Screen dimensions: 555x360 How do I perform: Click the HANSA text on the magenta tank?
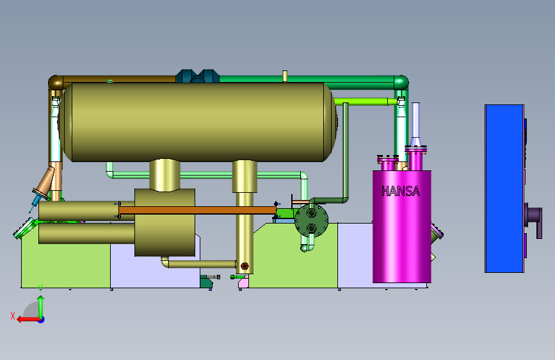(x=401, y=192)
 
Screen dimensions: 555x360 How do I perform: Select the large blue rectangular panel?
(x=504, y=188)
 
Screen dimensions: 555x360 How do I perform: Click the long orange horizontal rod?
(x=197, y=210)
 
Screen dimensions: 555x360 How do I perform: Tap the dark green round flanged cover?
(x=312, y=221)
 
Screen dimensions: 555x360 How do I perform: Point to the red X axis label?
(x=13, y=316)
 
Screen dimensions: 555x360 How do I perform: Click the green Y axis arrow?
(x=41, y=307)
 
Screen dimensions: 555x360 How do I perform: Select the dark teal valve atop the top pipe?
(x=197, y=76)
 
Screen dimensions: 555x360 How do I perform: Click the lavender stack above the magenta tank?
(x=415, y=124)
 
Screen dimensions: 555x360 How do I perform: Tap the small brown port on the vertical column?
(x=245, y=266)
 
